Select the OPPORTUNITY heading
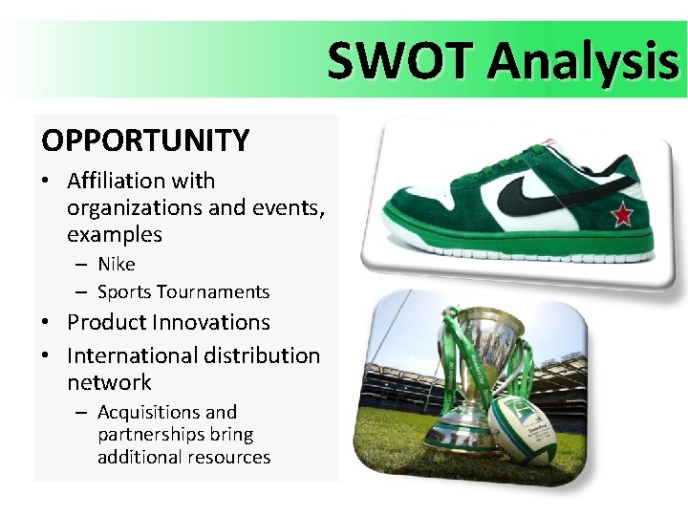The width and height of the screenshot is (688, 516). point(145,141)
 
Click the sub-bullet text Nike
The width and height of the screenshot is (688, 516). point(117,264)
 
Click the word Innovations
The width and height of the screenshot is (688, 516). point(216,323)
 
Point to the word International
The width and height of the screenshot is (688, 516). point(130,355)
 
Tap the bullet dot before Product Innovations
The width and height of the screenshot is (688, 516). point(47,324)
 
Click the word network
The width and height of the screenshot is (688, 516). point(109,382)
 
